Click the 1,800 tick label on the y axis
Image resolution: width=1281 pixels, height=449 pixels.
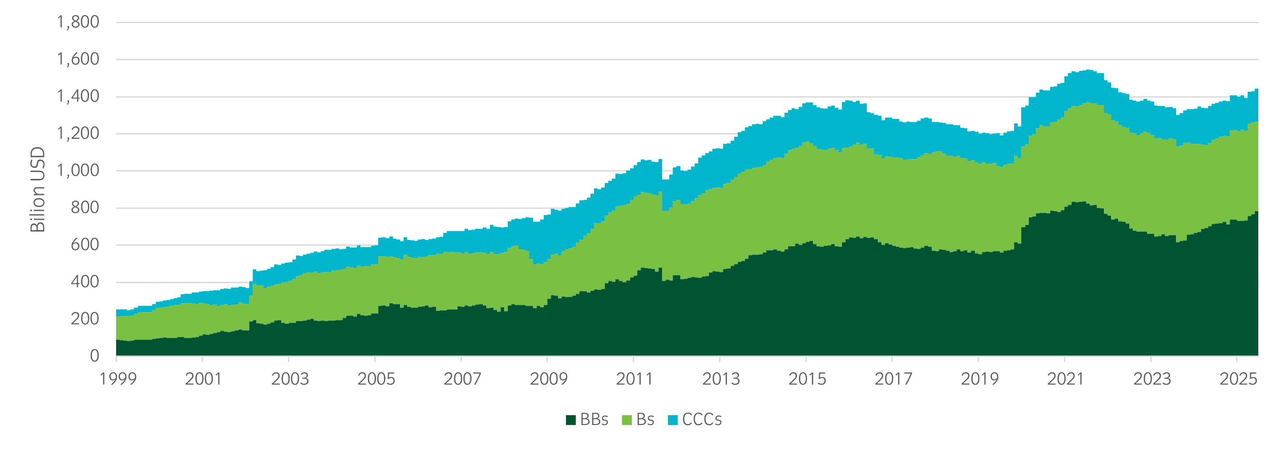[x=77, y=22]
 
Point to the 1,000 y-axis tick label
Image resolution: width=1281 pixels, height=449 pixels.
[x=77, y=170]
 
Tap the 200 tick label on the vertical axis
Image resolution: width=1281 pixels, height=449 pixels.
[x=85, y=319]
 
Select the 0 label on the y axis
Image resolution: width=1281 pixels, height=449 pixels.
[x=94, y=356]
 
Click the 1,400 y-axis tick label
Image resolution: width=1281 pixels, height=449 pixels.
[x=77, y=97]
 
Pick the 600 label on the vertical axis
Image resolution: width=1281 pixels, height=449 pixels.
[x=85, y=245]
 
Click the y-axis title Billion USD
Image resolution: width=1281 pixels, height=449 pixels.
[x=38, y=190]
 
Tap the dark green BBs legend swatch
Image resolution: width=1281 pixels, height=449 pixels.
[x=570, y=420]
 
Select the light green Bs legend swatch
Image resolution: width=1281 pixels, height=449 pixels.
[x=626, y=420]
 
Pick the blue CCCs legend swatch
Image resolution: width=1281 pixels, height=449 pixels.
[x=672, y=420]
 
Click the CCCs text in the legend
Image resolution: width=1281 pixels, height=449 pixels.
[x=702, y=420]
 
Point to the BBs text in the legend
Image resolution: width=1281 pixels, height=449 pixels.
[x=594, y=420]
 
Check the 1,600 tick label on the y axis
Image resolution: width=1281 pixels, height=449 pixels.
[x=77, y=60]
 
